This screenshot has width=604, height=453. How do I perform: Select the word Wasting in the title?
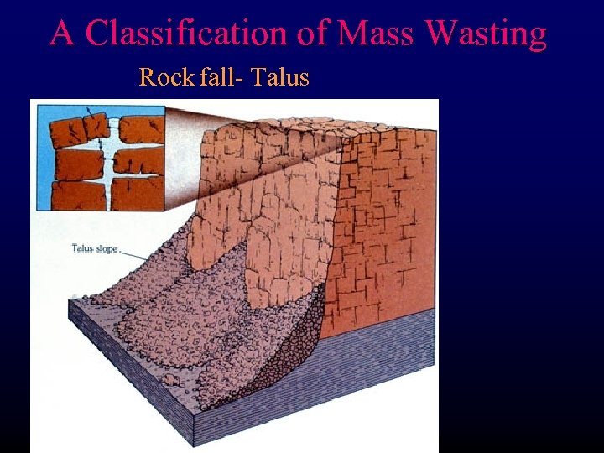pos(486,34)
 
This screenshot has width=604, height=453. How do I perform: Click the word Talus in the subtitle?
pos(280,78)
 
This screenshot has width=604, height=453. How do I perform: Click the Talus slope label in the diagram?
pos(94,247)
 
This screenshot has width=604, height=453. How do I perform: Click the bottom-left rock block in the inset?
pos(77,195)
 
